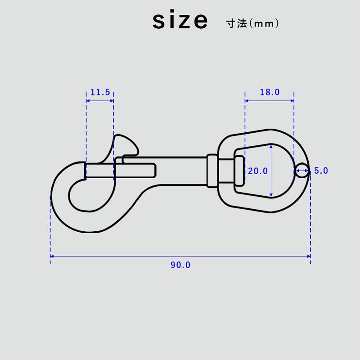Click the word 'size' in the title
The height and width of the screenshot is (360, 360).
(x=180, y=21)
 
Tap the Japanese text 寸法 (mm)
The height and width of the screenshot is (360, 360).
(x=252, y=23)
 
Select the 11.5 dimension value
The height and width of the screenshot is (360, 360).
(x=100, y=92)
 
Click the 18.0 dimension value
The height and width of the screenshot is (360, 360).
(x=270, y=92)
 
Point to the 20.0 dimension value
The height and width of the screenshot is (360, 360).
(x=258, y=171)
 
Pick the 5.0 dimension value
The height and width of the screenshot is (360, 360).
(x=321, y=171)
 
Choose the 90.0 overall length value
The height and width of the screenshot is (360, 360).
(x=180, y=265)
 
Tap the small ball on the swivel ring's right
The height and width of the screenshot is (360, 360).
(x=302, y=170)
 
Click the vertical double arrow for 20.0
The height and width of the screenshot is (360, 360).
(x=271, y=171)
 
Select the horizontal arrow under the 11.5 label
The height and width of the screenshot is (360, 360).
(x=100, y=101)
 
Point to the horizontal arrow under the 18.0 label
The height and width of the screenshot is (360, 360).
(x=270, y=101)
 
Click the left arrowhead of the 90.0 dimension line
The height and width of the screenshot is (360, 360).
(x=52, y=256)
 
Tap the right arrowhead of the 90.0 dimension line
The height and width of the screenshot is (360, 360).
(x=309, y=256)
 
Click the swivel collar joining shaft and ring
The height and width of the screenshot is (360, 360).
(x=212, y=171)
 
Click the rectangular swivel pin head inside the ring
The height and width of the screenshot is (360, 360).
(x=239, y=171)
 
